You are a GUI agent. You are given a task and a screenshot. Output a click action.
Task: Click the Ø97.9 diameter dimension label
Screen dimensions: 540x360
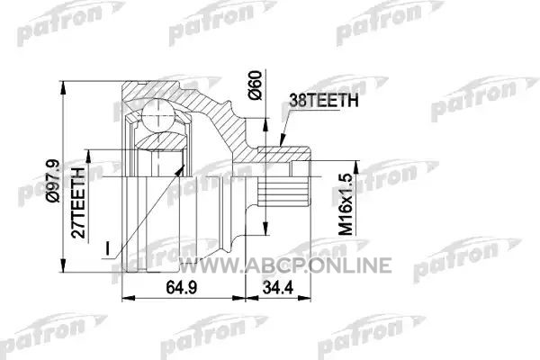tap(55, 181)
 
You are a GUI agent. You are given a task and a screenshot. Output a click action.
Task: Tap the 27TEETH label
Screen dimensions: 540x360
tap(77, 202)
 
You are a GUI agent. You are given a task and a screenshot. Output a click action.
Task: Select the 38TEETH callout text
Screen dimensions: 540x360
tap(324, 100)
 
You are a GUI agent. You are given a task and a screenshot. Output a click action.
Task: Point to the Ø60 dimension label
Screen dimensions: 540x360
tap(256, 85)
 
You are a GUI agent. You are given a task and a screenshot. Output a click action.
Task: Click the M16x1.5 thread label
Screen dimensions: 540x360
tap(346, 204)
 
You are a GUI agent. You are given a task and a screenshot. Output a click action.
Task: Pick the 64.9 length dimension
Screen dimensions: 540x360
tap(182, 288)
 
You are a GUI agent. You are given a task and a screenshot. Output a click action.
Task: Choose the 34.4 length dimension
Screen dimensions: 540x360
tap(277, 288)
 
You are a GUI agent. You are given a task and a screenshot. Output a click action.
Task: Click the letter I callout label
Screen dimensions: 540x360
tap(107, 248)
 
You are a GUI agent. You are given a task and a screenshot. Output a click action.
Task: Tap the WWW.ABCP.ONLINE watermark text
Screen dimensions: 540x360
tap(286, 265)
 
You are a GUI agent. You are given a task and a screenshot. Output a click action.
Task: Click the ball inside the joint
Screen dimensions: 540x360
tap(157, 115)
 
